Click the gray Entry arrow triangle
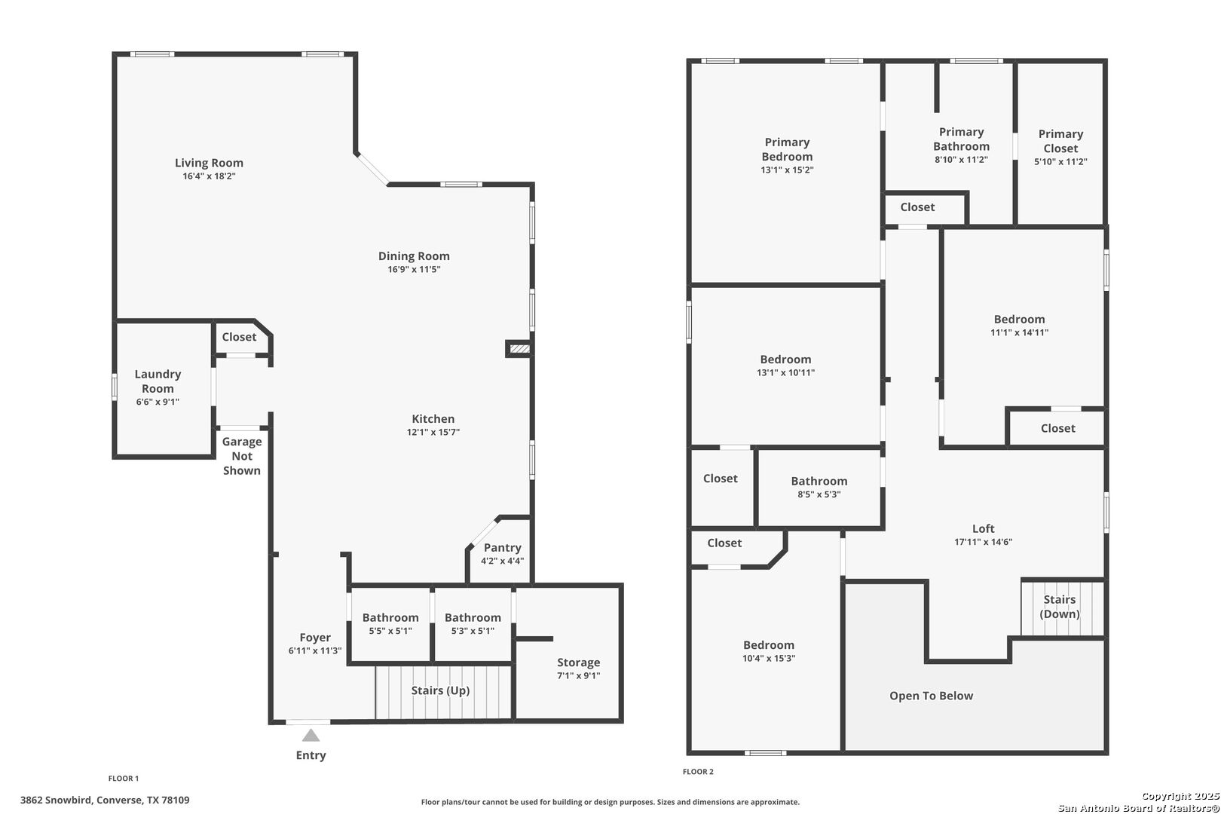point(311,736)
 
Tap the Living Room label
point(209,163)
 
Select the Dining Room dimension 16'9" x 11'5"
point(414,269)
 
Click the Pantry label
point(503,547)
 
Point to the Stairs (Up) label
point(440,690)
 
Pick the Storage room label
point(578,663)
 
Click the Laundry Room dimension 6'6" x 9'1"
point(158,402)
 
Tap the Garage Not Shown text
point(242,456)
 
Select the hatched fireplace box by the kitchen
point(519,348)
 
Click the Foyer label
point(315,638)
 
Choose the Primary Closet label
point(1060,141)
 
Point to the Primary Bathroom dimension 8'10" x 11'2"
point(962,160)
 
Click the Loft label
point(984,528)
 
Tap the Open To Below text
point(931,696)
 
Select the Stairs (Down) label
point(1060,606)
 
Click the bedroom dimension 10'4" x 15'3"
point(769,659)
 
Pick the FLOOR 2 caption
point(698,772)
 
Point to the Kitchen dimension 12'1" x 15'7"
point(433,433)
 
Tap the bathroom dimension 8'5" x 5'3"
point(819,494)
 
